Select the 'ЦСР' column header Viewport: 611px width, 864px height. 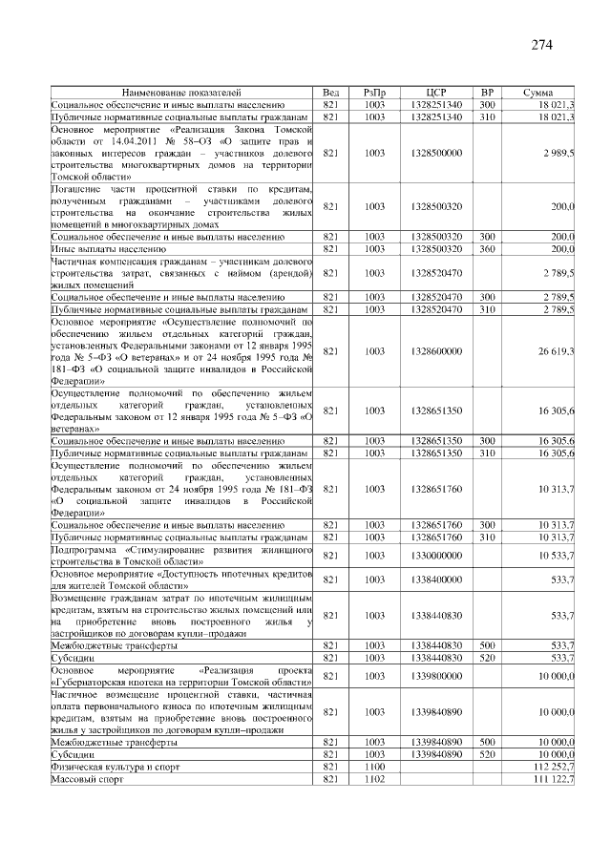point(438,93)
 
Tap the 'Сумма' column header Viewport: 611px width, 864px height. point(539,93)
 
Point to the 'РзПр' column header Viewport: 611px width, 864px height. point(374,93)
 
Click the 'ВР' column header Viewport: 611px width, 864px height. point(487,93)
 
